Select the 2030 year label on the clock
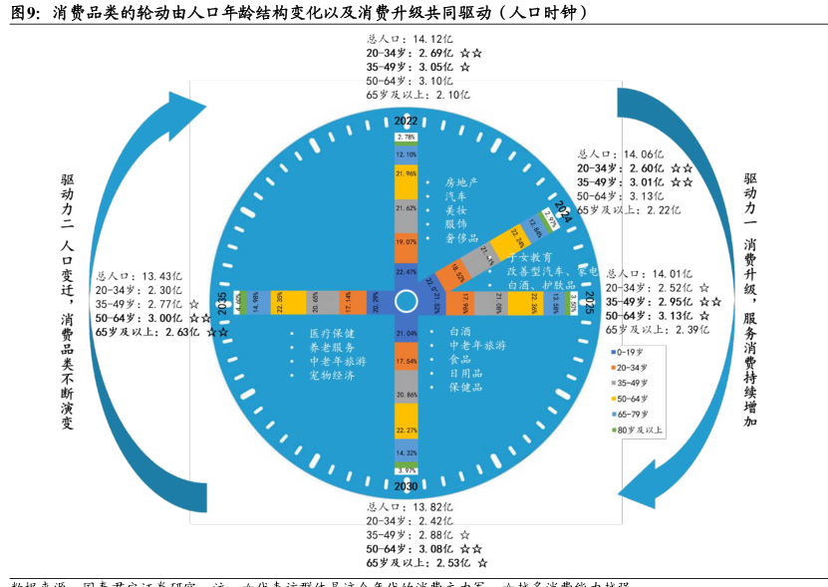406,485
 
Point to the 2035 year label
222,302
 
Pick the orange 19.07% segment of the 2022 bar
406,241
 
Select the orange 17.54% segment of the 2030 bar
406,361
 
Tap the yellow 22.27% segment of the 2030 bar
406,430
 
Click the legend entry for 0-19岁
629,352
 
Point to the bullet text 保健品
465,387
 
